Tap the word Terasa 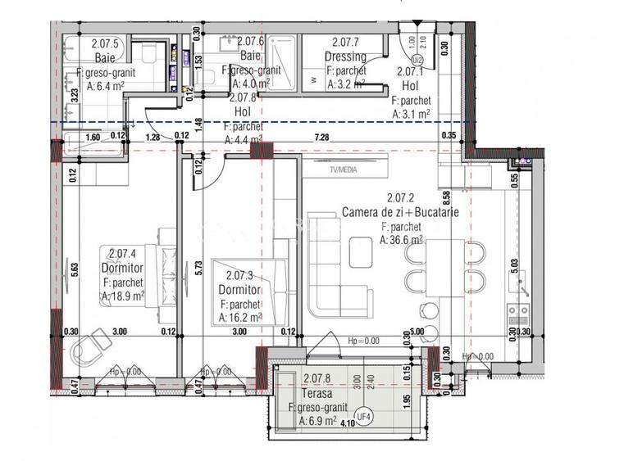click(x=315, y=392)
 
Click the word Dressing click(x=345, y=56)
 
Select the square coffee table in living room click(x=362, y=252)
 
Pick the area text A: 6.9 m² click(x=317, y=421)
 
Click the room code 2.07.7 click(x=345, y=42)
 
